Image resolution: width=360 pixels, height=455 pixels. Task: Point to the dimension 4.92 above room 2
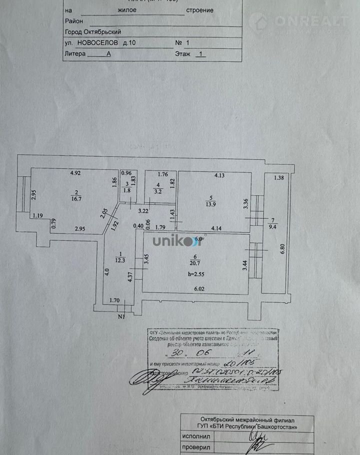[75, 173]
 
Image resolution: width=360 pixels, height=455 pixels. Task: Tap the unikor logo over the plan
[172, 241]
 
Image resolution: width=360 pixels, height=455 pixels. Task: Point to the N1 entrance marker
[121, 316]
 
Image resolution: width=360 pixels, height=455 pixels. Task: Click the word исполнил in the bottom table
[198, 436]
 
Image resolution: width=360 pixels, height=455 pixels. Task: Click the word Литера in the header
[75, 54]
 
